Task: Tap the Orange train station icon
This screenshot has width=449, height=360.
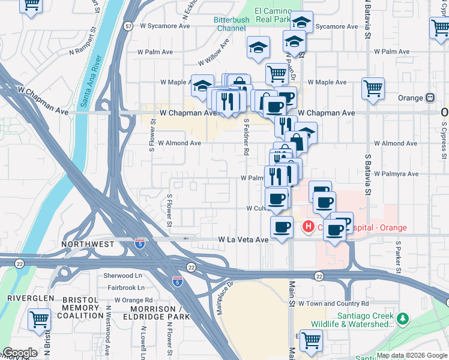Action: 430,98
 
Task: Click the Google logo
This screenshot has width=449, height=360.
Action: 20,353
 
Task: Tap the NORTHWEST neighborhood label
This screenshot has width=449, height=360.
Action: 87,244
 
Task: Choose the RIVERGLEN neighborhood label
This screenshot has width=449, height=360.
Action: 31,298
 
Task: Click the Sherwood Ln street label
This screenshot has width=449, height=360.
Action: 123,275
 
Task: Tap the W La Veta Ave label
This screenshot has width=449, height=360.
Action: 243,239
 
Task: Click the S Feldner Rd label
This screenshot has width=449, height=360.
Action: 246,137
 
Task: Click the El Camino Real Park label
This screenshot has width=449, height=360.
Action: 272,15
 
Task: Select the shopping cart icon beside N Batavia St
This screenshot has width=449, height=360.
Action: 373,88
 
